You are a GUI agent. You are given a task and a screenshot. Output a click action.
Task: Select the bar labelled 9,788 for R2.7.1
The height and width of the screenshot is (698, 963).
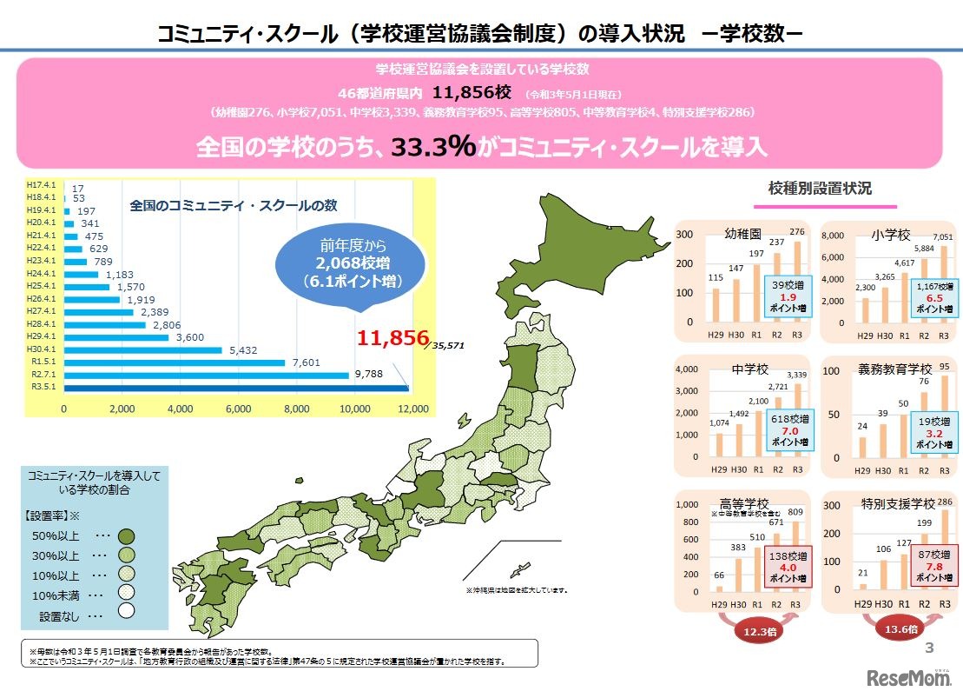pos(207,376)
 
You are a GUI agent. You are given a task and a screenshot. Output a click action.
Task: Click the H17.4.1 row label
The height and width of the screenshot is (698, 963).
pos(43,187)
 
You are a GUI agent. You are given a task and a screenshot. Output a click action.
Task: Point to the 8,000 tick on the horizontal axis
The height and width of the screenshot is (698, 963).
pos(296,408)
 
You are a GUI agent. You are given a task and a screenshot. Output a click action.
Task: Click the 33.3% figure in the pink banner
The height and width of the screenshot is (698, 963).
pos(432,147)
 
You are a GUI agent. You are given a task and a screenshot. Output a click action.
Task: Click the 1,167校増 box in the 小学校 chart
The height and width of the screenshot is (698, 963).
pos(934,296)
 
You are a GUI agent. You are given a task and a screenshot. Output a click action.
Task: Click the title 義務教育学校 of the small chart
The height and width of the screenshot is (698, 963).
pos(896,369)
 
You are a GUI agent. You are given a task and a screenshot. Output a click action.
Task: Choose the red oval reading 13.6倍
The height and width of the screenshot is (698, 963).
pos(903,629)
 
